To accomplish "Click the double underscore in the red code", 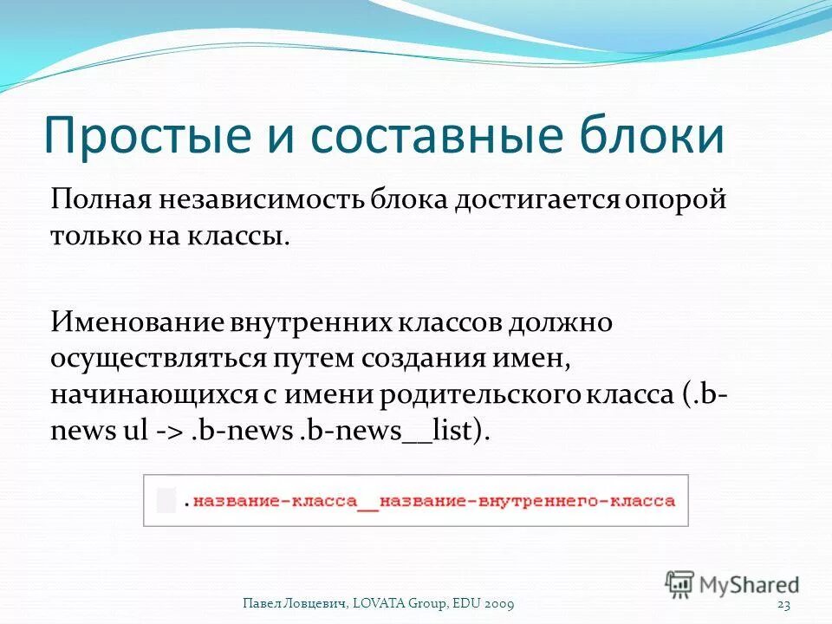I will point(368,502).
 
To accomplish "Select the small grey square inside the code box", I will point(166,500).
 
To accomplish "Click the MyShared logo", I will point(732,584).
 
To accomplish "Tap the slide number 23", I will point(786,603).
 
